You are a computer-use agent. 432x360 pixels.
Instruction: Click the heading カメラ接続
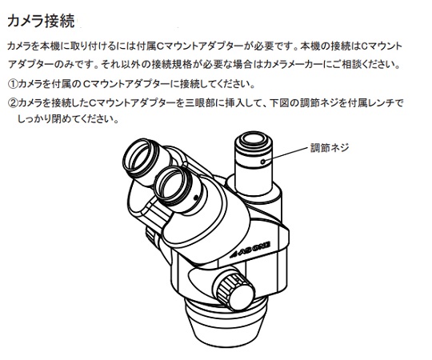point(41,21)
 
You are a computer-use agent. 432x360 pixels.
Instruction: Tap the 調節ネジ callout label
point(330,148)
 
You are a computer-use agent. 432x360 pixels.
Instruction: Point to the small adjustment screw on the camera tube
point(263,162)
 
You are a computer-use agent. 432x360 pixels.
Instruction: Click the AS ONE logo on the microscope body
point(250,250)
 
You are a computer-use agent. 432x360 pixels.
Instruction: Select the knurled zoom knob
point(234,290)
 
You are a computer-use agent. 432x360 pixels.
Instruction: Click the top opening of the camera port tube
point(254,141)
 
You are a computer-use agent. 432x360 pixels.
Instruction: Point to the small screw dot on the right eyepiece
point(196,198)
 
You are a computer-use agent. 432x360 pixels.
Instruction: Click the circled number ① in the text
point(13,84)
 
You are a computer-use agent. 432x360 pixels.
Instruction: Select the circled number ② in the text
point(13,103)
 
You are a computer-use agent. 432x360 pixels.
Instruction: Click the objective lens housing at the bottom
point(226,322)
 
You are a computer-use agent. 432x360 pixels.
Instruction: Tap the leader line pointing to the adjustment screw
point(286,154)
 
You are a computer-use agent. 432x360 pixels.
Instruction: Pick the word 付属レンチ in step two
point(366,103)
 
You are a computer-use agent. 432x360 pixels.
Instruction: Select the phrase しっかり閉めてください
point(68,119)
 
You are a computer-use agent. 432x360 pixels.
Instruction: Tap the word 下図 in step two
point(280,103)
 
